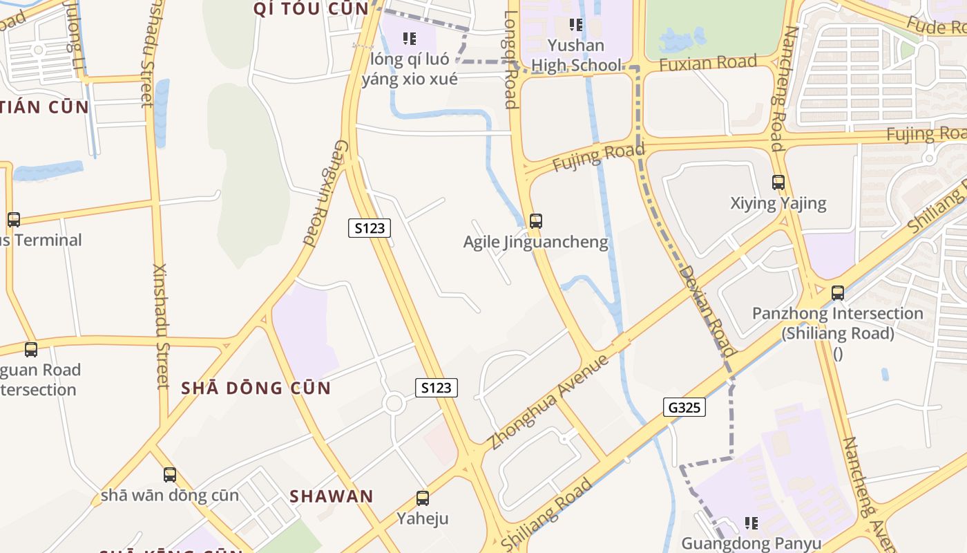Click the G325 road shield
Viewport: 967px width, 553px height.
(x=684, y=407)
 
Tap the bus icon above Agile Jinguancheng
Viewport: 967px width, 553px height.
(x=535, y=221)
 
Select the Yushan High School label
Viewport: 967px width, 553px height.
(x=576, y=55)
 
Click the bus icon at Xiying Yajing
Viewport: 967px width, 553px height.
(x=778, y=182)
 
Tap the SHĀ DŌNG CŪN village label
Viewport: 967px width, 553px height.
(x=256, y=388)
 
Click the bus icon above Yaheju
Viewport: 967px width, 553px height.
(x=422, y=498)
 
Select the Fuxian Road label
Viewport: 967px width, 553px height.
(x=708, y=64)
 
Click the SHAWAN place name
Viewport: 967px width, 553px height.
(x=332, y=496)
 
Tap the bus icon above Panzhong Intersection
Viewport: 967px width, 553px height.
(x=838, y=293)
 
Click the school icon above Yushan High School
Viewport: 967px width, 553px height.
(x=575, y=26)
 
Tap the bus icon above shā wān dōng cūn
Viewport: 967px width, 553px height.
(x=170, y=475)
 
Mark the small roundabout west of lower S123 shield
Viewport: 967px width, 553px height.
(x=394, y=404)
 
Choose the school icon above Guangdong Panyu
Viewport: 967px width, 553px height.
(x=751, y=523)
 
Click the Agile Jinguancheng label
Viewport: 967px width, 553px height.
(x=536, y=242)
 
